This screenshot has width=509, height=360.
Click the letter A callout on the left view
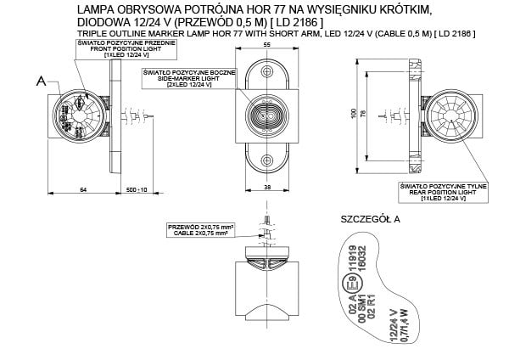point(39,82)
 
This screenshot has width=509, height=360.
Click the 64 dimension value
point(82,189)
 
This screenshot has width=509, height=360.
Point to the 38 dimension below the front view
point(267,186)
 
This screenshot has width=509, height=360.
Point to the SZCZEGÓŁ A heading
point(369,219)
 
